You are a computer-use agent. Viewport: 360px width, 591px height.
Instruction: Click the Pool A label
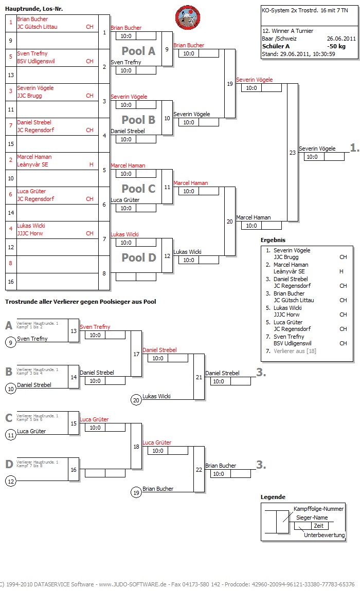coord(138,51)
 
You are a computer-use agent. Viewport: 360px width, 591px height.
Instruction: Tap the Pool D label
coord(138,257)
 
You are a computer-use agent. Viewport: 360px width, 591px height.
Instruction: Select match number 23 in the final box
coord(293,153)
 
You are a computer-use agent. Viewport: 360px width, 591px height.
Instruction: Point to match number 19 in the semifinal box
coord(229,84)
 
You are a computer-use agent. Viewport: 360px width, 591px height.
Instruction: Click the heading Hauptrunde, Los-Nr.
coord(34,9)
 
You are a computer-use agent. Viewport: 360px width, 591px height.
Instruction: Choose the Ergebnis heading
coord(273,240)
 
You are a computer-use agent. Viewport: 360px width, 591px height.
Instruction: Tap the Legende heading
coord(273,497)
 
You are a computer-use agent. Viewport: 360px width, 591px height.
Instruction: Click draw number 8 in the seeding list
coord(10,263)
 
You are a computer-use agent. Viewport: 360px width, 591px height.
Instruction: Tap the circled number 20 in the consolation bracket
coord(136,400)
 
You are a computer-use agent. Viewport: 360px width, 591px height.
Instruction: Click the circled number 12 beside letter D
coord(10,482)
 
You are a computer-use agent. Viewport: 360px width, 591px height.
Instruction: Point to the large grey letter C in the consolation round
coord(9,418)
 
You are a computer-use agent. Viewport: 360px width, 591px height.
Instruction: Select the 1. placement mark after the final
coord(354,148)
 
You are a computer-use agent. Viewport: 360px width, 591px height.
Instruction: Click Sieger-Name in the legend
coord(312,518)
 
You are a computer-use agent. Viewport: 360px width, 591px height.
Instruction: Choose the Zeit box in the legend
coord(318,526)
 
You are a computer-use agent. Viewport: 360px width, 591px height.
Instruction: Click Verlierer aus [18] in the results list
coord(295,351)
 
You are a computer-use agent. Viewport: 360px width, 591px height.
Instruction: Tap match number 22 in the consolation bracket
coord(199,470)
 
